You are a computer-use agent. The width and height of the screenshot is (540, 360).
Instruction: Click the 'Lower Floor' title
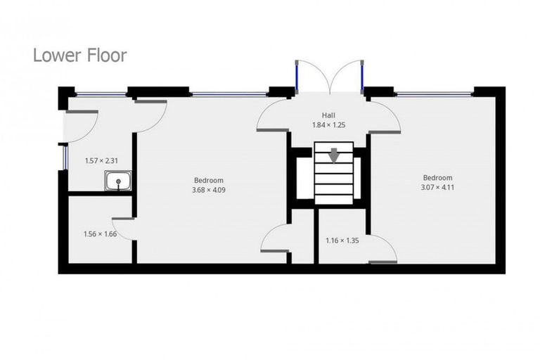point(79,56)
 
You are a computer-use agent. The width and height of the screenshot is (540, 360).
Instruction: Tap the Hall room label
point(329,115)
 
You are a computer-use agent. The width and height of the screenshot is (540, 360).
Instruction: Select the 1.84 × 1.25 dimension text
point(329,125)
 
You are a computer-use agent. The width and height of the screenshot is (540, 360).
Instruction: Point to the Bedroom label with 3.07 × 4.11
point(437,178)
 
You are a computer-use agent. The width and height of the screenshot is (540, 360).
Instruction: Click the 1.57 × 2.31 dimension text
point(101,160)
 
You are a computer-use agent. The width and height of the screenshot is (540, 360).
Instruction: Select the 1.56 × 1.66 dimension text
point(99,233)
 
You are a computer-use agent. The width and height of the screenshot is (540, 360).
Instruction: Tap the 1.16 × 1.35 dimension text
point(342,240)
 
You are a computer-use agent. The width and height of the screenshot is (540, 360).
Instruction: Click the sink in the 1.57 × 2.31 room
point(118,181)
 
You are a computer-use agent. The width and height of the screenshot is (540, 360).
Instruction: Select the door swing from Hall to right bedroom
point(385,117)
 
